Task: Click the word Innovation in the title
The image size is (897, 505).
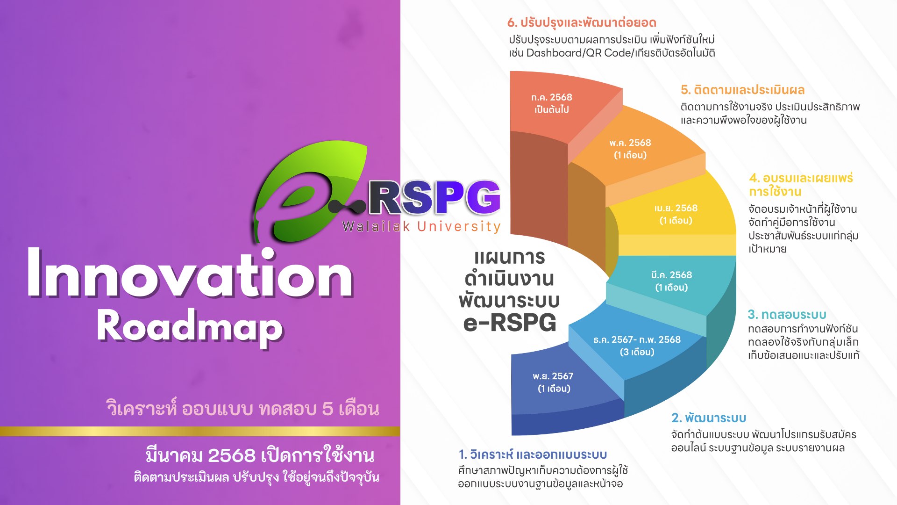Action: (x=190, y=273)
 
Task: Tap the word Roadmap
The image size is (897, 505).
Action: (x=190, y=326)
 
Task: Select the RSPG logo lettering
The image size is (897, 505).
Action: (x=434, y=197)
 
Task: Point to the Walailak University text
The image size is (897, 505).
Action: (x=421, y=226)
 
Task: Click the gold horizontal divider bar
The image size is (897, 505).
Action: (x=200, y=431)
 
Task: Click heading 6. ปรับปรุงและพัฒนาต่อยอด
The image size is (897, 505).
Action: (x=582, y=22)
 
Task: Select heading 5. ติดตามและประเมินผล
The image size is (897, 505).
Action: (x=742, y=90)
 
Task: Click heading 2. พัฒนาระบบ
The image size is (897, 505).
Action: (x=709, y=418)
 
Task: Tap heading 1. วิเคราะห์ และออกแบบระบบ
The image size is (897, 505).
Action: (x=533, y=454)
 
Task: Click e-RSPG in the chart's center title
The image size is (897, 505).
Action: (x=510, y=323)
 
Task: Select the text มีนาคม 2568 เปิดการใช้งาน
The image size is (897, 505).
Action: (x=260, y=455)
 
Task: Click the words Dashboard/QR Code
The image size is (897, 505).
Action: (x=579, y=53)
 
